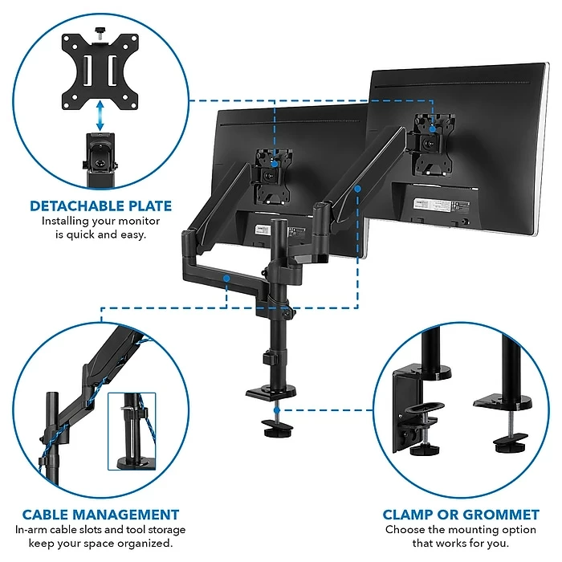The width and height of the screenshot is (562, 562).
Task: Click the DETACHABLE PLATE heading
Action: (x=100, y=206)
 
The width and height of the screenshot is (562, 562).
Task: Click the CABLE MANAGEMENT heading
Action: (x=100, y=515)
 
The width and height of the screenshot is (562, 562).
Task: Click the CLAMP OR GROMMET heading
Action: (x=460, y=515)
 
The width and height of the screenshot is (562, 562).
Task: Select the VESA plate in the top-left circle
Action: (x=99, y=69)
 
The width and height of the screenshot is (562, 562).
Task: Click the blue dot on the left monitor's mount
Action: (x=275, y=163)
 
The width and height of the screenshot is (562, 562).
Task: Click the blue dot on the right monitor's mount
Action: (x=432, y=126)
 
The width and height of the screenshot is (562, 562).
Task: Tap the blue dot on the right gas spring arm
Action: (x=357, y=188)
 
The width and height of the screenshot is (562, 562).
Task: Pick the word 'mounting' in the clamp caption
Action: (x=467, y=530)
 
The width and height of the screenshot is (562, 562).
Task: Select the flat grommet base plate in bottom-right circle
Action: (x=498, y=398)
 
